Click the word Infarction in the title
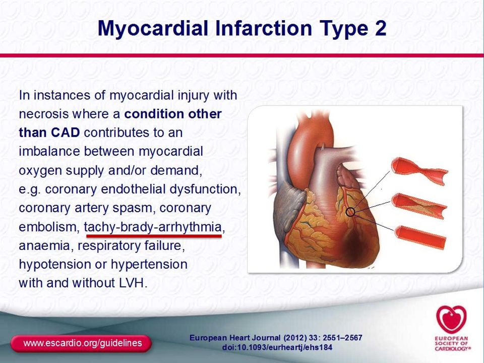(x=264, y=28)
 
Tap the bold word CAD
(x=66, y=133)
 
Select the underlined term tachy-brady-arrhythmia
(x=153, y=227)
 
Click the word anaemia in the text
(x=44, y=246)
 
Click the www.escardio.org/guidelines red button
(x=81, y=343)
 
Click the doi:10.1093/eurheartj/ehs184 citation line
(x=277, y=347)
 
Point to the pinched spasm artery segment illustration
(x=419, y=171)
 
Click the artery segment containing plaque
(x=419, y=205)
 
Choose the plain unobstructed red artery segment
(x=420, y=237)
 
